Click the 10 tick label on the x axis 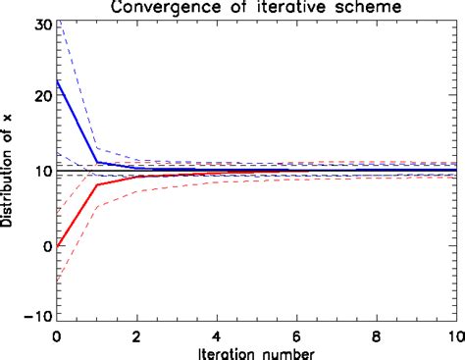[x=453, y=334]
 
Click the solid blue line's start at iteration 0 [x=56, y=81]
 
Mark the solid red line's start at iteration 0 [x=56, y=245]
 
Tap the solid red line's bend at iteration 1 [x=96, y=184]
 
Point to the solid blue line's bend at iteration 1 [x=96, y=162]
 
